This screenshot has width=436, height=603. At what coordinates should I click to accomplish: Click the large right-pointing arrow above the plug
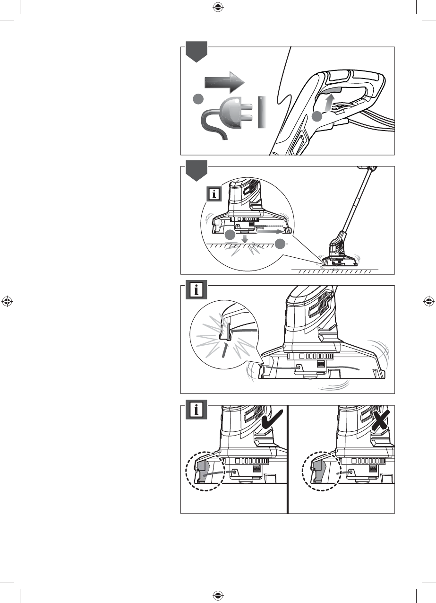(224, 84)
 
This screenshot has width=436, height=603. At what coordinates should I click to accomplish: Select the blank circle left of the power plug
(198, 99)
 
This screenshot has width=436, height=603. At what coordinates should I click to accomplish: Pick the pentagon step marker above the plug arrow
(196, 52)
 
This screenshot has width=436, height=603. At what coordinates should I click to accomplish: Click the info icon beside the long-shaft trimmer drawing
(215, 194)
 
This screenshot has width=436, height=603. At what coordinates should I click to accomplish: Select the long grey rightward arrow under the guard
(271, 233)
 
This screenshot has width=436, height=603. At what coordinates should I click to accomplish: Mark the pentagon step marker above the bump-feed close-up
(196, 171)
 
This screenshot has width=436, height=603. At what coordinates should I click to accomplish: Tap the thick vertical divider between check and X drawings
(288, 459)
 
